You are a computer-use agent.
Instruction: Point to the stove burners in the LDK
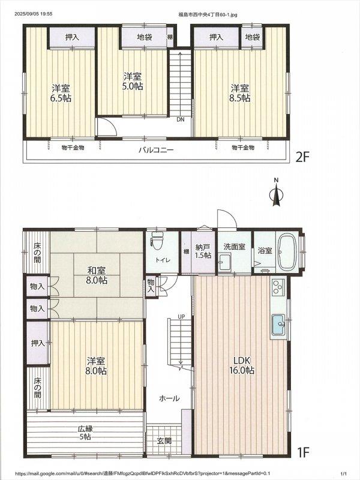click(x=278, y=287)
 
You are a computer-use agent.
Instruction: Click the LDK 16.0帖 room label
click(x=242, y=365)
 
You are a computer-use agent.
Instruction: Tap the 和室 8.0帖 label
click(x=97, y=275)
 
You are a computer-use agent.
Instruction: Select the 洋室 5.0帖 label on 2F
click(x=133, y=81)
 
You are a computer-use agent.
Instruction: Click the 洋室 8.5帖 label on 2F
click(x=240, y=93)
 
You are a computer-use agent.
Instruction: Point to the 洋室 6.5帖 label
click(x=61, y=94)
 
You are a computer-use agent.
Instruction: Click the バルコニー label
click(x=156, y=150)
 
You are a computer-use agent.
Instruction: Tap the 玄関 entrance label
click(x=164, y=441)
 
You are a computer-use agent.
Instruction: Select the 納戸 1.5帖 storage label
click(x=203, y=251)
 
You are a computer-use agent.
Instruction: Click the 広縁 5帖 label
click(x=85, y=433)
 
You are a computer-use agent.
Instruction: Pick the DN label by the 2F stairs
click(x=181, y=119)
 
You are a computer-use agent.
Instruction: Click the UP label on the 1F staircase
click(x=181, y=317)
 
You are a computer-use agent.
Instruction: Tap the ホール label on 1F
click(x=169, y=398)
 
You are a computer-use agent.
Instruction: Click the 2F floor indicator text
click(x=303, y=158)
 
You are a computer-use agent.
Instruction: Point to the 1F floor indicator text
click(x=304, y=452)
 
